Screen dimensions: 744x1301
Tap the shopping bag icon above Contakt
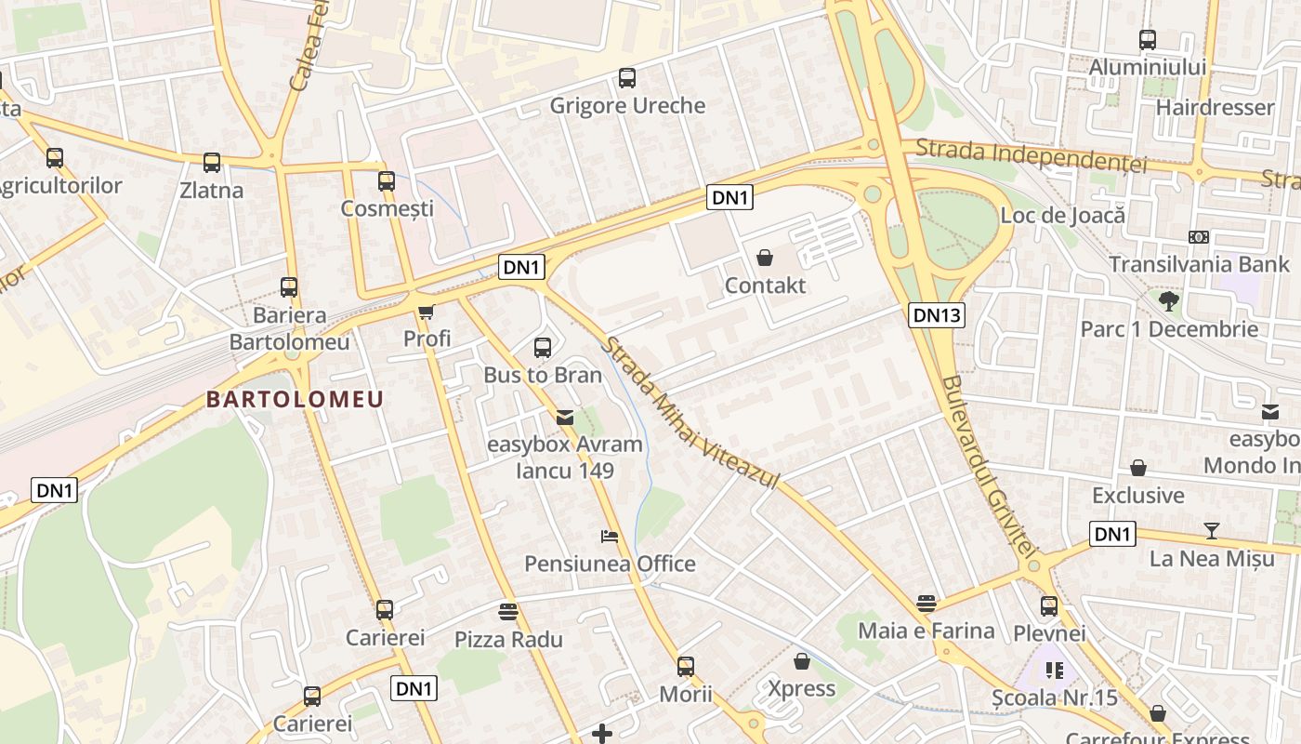765,258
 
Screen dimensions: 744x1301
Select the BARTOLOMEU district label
295,400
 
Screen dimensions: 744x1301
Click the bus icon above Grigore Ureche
627,78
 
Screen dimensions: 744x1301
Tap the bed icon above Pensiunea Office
609,537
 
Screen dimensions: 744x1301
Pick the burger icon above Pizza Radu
507,612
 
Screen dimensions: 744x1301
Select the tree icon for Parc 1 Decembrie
1168,301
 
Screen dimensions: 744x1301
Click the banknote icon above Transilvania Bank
1199,237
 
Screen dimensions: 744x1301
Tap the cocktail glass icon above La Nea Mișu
1212,531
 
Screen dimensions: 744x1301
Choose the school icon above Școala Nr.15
1054,670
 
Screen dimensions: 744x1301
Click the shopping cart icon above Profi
427,312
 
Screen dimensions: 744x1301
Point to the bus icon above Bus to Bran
543,348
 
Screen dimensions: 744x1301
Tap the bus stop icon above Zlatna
212,163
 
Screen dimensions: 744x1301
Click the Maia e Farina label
926,631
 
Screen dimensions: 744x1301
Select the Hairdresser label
1215,107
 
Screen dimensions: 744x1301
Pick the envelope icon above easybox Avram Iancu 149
565,417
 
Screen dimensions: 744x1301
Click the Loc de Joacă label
1062,216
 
